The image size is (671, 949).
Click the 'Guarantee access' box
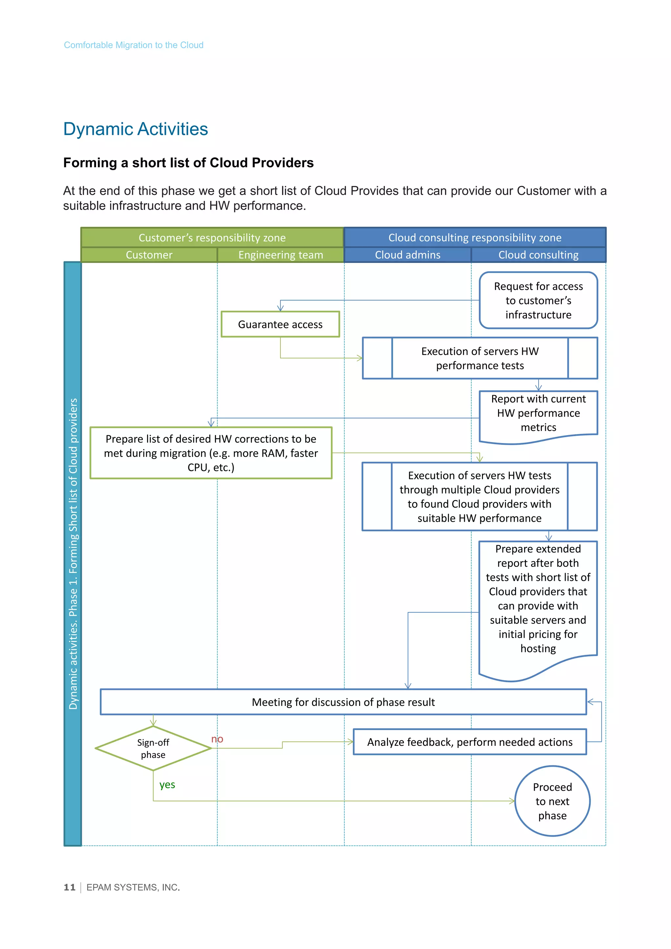click(280, 324)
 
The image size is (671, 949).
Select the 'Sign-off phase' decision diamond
click(153, 748)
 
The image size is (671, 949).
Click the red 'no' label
click(217, 739)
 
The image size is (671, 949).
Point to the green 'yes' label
click(167, 784)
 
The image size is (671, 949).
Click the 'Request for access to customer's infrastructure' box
click(538, 300)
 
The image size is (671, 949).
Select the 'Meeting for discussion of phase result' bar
click(343, 702)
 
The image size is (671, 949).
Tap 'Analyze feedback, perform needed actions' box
click(470, 742)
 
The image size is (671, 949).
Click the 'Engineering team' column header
click(280, 255)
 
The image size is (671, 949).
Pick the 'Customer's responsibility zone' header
click(212, 238)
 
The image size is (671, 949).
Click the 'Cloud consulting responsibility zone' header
click(475, 238)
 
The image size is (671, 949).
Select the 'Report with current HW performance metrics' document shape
click(538, 413)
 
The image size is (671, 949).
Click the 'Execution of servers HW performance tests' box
click(480, 358)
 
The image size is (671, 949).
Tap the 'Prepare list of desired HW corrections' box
click(211, 453)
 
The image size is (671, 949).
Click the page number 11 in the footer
click(69, 887)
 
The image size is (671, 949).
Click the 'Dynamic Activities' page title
click(136, 129)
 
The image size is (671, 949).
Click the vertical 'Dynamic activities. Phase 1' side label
click(73, 554)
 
